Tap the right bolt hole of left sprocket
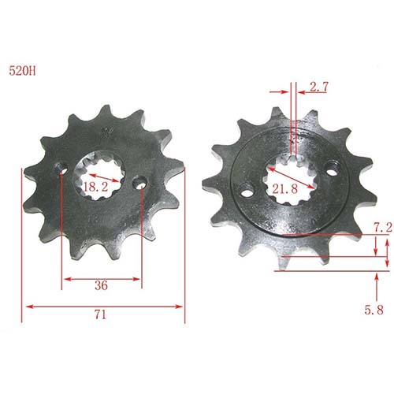(x=139, y=183)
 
